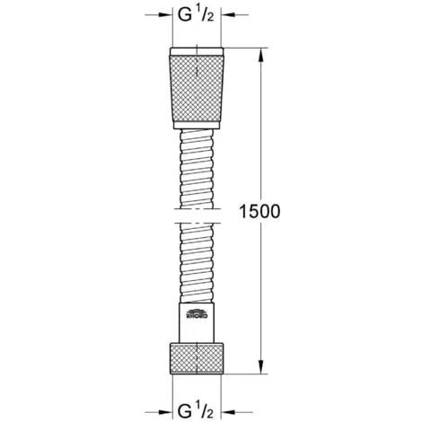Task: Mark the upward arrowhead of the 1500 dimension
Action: coord(261,48)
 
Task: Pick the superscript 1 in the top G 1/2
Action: coord(201,10)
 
